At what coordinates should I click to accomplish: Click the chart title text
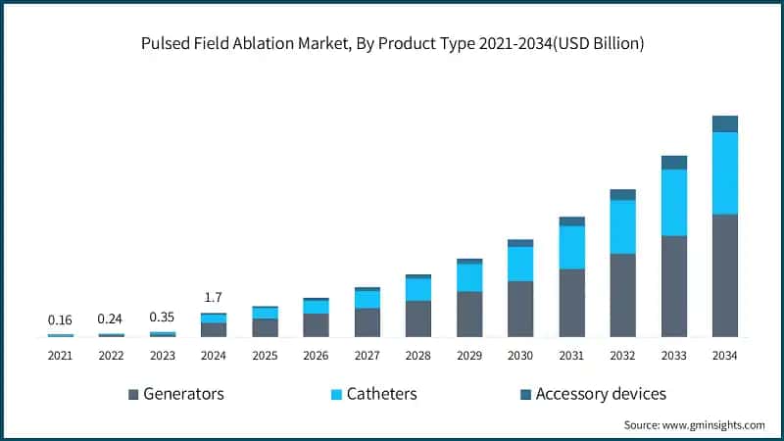coord(392,46)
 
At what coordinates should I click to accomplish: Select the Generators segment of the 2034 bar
coord(724,275)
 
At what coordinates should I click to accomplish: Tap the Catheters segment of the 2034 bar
coord(724,172)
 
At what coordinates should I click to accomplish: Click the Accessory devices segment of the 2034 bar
coord(724,123)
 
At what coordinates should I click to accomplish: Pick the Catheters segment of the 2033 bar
coord(673,202)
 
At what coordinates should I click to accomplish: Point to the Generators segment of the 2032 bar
coord(622,295)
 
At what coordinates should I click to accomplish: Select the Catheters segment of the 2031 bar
coord(571,247)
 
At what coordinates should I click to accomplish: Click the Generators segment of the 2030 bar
coord(520,309)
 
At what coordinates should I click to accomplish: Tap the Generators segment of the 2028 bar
coord(418,318)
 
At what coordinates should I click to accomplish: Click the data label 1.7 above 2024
coord(214,298)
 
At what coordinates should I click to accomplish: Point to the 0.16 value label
coord(60,319)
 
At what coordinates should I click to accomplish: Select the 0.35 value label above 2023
coord(163,318)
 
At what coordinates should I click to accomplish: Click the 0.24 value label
coord(112,318)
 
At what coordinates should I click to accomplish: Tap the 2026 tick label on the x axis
coord(316,355)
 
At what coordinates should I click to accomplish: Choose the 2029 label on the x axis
coord(469,355)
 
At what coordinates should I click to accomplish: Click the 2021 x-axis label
coord(60,355)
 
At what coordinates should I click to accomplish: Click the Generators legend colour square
coord(133,394)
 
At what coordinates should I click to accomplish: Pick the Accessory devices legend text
coord(601,394)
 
